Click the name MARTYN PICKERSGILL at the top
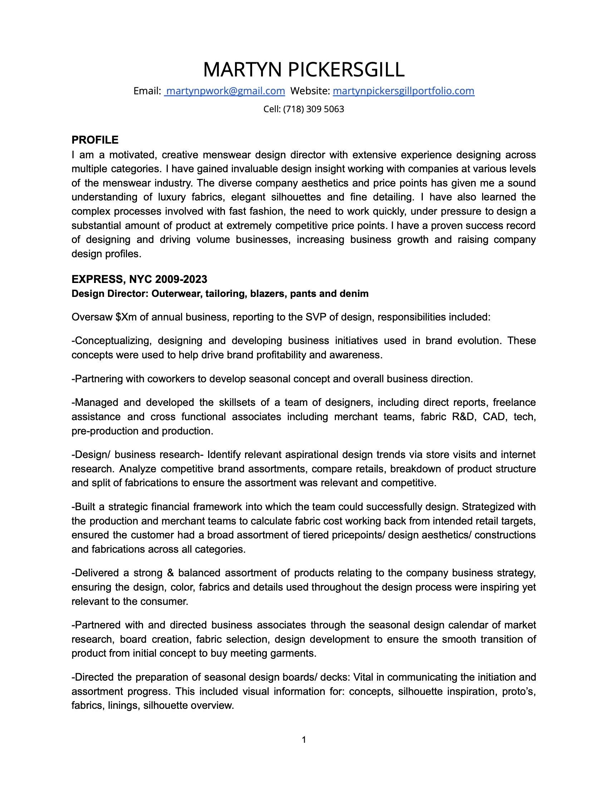pyautogui.click(x=304, y=69)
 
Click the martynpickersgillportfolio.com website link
pyautogui.click(x=403, y=91)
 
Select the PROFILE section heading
pyautogui.click(x=95, y=140)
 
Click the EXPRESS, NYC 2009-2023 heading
pyautogui.click(x=139, y=279)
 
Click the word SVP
pyautogui.click(x=315, y=317)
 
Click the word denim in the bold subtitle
pyautogui.click(x=356, y=294)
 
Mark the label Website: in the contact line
pyautogui.click(x=310, y=91)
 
